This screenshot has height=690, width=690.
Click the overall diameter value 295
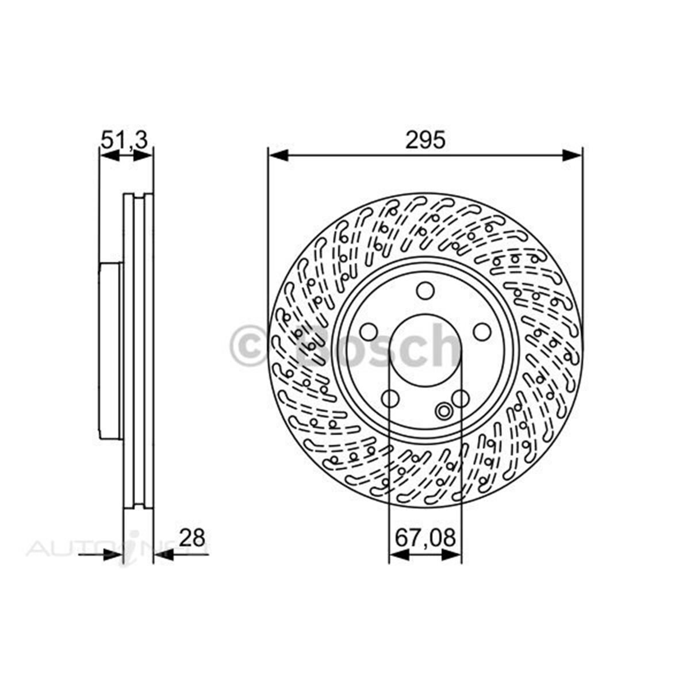425,140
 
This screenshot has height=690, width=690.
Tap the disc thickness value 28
191,538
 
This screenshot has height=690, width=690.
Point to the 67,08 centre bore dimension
425,538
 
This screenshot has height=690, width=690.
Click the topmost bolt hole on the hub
425,291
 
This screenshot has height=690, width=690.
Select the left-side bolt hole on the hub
368,332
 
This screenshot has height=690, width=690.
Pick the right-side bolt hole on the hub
483,332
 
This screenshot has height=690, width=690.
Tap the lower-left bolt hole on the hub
390,398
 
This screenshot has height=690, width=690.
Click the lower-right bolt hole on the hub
460,398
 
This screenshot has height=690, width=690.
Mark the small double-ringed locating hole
444,411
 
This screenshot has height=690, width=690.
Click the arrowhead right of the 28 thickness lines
163,554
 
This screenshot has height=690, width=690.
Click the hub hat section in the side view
110,351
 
